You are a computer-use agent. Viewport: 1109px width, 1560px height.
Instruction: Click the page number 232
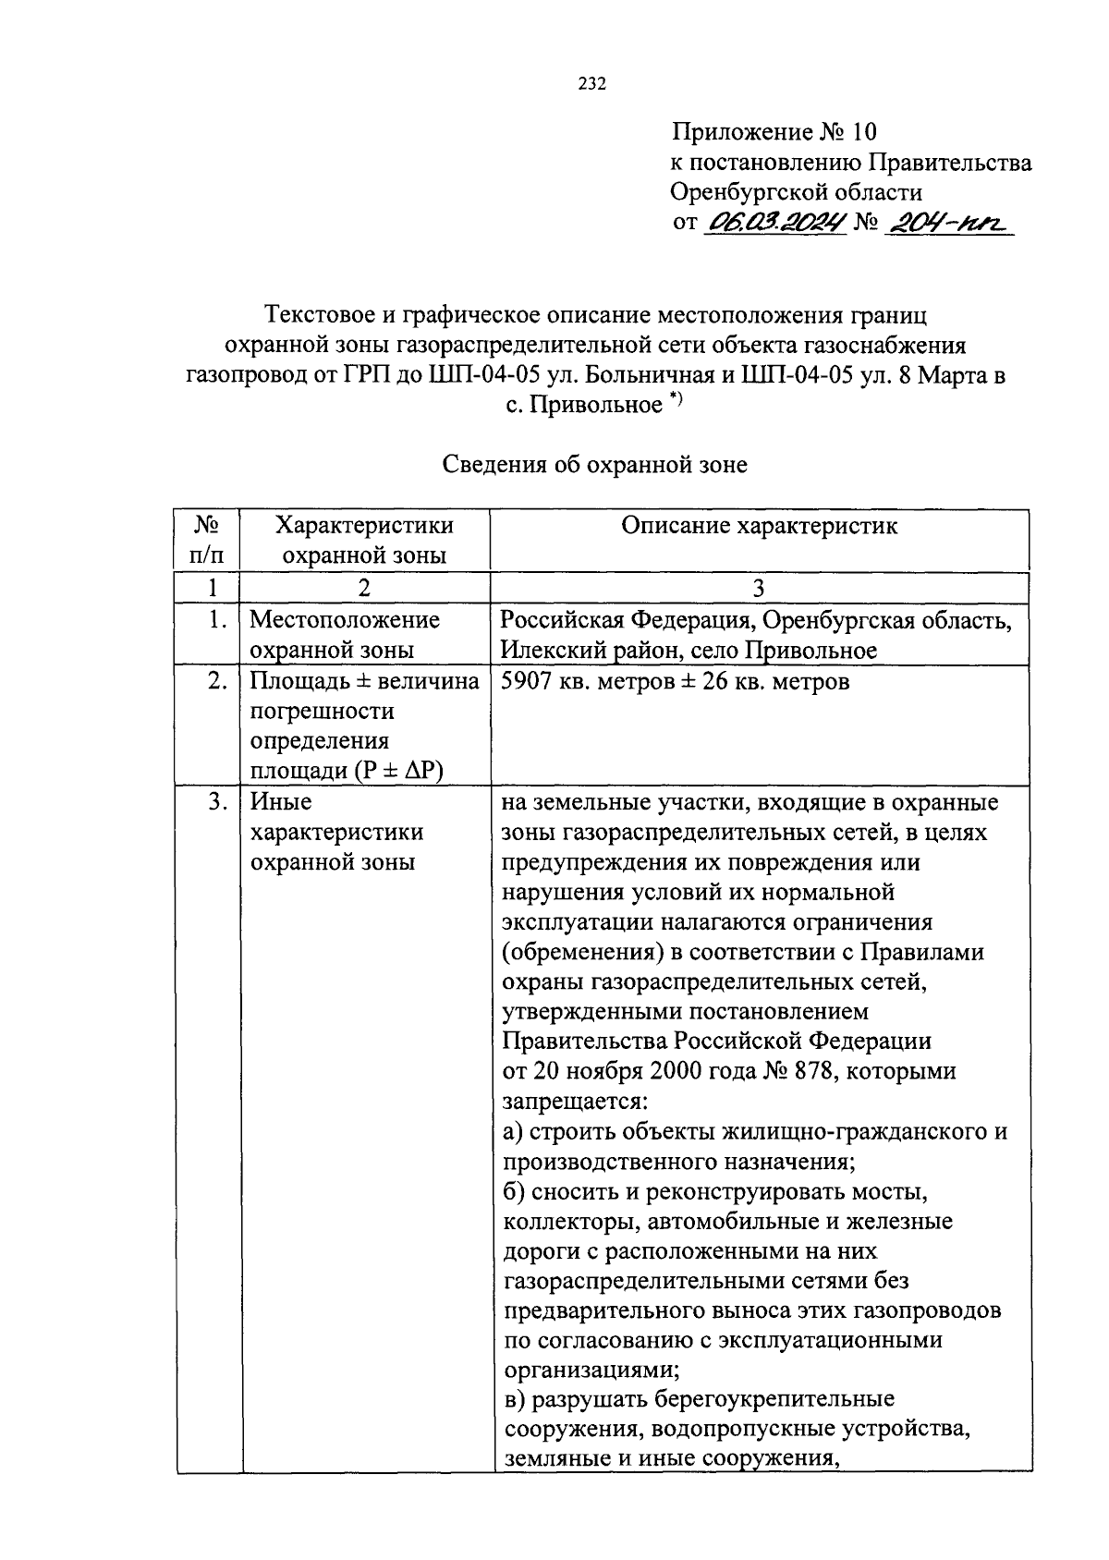tap(591, 84)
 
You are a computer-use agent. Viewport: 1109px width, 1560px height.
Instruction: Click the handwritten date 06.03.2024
tap(775, 223)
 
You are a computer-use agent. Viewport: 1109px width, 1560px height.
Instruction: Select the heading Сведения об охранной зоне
tap(594, 465)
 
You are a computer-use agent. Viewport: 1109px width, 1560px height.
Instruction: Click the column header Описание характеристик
tap(759, 526)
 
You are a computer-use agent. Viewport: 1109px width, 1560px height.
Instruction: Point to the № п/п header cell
tap(207, 541)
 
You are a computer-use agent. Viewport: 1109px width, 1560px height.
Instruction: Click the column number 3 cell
tap(759, 588)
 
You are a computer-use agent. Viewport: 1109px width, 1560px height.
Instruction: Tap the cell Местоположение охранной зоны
tap(345, 634)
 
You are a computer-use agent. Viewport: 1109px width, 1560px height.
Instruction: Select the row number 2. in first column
tap(215, 682)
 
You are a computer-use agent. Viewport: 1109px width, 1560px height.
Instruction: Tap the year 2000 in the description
tap(646, 1071)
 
